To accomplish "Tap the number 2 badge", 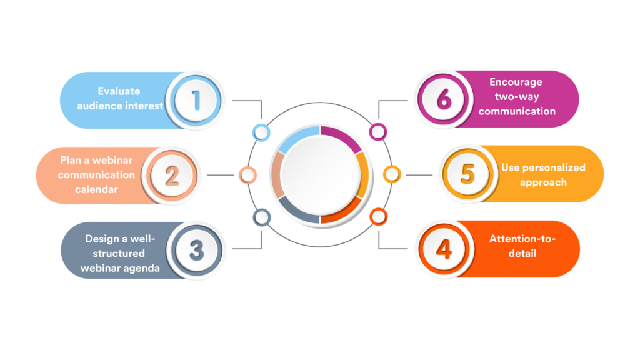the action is (x=172, y=176).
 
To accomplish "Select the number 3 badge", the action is (x=197, y=250).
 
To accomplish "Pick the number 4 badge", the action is (x=444, y=249).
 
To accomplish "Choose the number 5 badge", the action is (x=467, y=174).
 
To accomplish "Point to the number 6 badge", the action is (x=443, y=99).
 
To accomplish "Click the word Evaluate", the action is (x=119, y=91).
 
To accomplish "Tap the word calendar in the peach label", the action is (x=96, y=189).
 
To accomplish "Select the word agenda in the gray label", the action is (x=141, y=269).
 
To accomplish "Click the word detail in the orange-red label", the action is (x=522, y=254).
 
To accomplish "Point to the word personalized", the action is (x=554, y=167).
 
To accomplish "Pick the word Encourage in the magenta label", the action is (x=516, y=82).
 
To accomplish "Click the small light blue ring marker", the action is (x=261, y=132).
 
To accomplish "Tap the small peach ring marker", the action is (x=247, y=175).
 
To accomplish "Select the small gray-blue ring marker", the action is (x=262, y=217).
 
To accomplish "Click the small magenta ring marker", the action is (x=378, y=132).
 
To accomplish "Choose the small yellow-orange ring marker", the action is (x=392, y=174).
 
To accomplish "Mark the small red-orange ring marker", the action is (x=378, y=217).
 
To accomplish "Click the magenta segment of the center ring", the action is (x=343, y=137).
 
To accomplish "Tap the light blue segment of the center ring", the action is (x=297, y=137).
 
